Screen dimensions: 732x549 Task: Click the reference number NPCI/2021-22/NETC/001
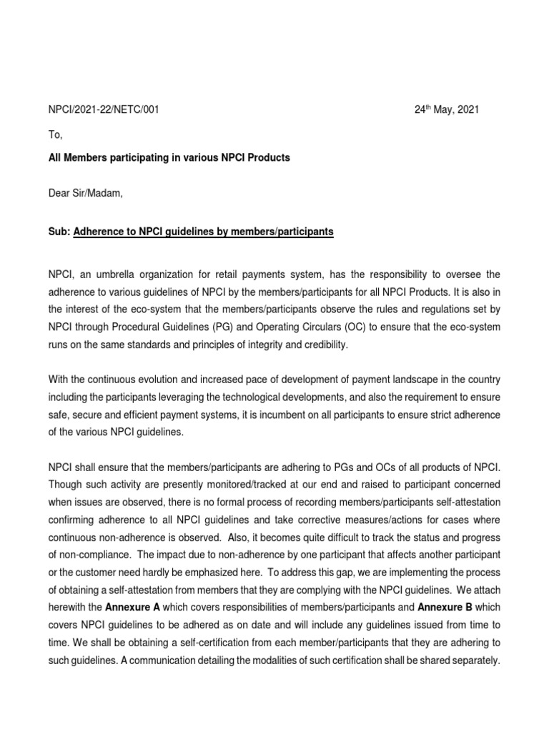pyautogui.click(x=104, y=109)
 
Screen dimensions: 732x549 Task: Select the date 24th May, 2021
pyautogui.click(x=447, y=109)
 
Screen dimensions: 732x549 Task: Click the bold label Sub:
pyautogui.click(x=59, y=232)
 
